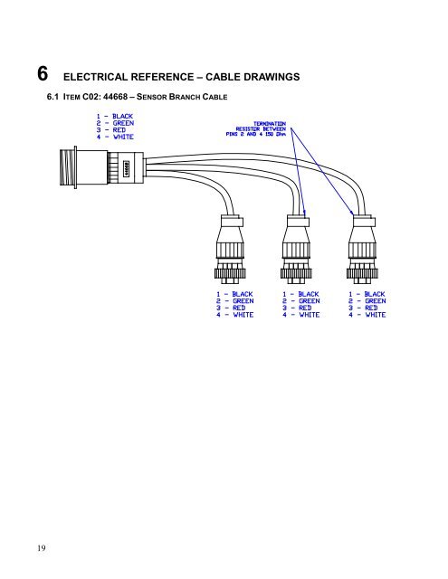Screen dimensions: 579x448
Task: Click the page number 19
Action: point(17,546)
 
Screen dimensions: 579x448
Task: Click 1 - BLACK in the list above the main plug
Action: point(116,116)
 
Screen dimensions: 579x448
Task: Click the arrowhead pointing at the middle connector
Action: point(305,214)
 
